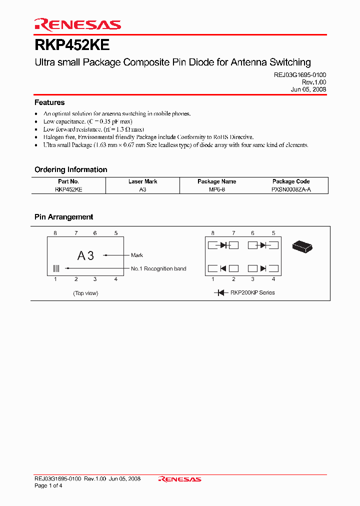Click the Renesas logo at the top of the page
[77, 24]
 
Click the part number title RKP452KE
[72, 45]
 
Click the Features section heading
[49, 102]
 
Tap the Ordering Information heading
[70, 169]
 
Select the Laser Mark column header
[143, 181]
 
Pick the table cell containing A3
[143, 190]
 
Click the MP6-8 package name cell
[216, 190]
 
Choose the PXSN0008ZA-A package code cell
[291, 190]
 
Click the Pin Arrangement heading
[63, 217]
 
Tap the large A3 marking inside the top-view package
[85, 256]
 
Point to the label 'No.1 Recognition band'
[158, 269]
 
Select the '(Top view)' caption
[85, 293]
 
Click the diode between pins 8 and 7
[223, 245]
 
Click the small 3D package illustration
[302, 245]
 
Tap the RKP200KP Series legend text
[252, 292]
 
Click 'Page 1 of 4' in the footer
[48, 485]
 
